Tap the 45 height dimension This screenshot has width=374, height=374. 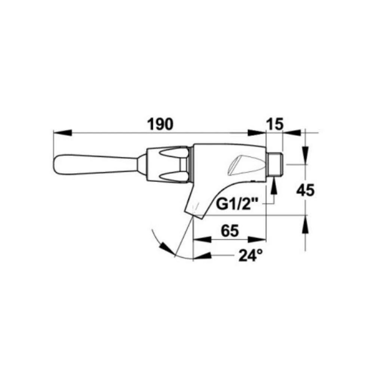pos(305,190)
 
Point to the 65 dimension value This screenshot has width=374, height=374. pos(230,231)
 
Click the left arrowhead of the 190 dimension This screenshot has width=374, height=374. pos(62,133)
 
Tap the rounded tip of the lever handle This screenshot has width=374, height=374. pos(57,165)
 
